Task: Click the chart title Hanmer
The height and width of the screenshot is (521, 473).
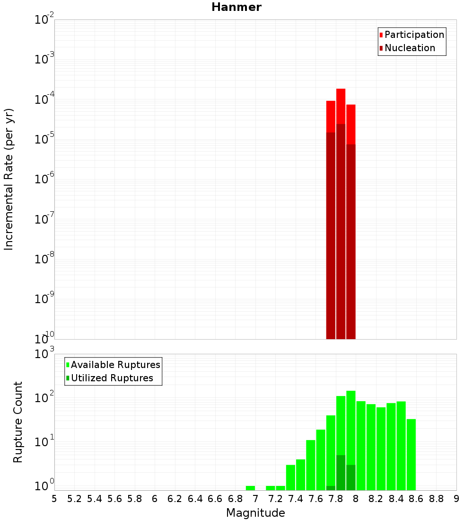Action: [x=236, y=7]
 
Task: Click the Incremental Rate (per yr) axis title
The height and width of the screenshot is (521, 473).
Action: [x=9, y=179]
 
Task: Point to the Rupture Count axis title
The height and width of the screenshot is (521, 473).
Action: [x=18, y=422]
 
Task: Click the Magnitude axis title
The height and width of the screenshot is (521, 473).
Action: [x=255, y=513]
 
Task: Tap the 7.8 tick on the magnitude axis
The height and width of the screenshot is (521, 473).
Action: [x=336, y=499]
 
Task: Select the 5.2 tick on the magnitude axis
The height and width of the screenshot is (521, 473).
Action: [x=74, y=499]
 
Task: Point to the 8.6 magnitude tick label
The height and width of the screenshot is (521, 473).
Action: [x=416, y=499]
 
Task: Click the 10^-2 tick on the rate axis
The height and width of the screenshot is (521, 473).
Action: [x=44, y=20]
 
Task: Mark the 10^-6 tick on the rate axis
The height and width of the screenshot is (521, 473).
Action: [x=44, y=180]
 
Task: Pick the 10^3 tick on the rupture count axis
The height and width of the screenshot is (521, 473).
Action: [x=44, y=354]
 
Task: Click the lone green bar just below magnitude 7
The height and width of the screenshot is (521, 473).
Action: [x=250, y=488]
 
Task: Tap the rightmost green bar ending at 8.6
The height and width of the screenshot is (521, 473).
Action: [x=411, y=455]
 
